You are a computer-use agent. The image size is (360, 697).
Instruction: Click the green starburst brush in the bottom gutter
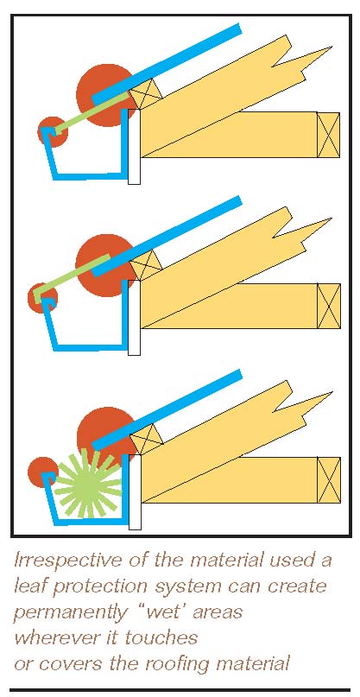89,483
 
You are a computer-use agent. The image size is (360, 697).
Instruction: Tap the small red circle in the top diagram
53,131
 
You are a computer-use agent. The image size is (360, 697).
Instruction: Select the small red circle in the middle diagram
42,298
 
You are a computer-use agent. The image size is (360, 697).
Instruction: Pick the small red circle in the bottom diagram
43,472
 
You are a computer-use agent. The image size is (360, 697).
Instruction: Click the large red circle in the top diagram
106,95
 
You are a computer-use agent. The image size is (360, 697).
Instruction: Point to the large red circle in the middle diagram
106,265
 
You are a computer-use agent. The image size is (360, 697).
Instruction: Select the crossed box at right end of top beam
328,135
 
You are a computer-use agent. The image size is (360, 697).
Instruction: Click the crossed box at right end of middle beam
328,306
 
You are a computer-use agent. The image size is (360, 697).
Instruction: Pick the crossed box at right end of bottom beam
328,480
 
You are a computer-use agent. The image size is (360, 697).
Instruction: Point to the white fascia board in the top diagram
134,147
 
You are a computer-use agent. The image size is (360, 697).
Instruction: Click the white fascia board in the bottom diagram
135,492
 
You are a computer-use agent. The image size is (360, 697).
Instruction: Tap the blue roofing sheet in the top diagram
167,65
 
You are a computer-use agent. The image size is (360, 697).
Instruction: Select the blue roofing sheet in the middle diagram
167,237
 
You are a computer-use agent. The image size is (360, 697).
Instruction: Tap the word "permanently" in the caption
70,613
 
